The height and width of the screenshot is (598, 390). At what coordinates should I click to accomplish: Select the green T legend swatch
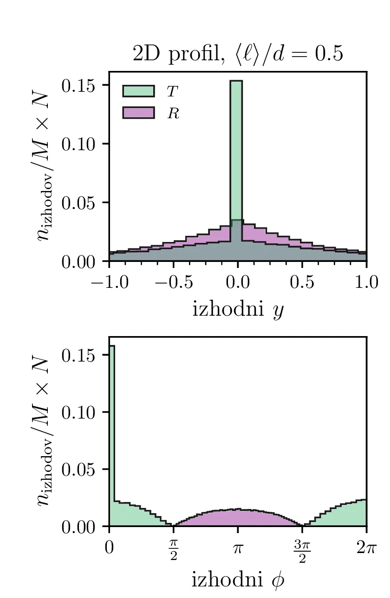[138, 91]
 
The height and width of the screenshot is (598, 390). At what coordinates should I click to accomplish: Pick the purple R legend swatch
[138, 113]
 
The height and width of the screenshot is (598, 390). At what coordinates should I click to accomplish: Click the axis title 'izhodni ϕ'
[238, 580]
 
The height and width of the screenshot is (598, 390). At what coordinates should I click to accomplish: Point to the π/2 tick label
[174, 550]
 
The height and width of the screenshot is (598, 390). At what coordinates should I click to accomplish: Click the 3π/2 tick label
[302, 550]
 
